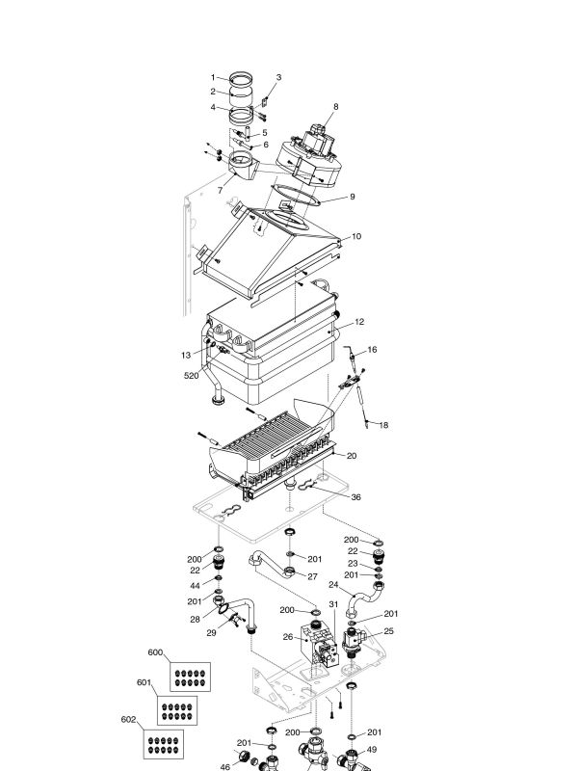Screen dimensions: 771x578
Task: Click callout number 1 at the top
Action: pyautogui.click(x=214, y=77)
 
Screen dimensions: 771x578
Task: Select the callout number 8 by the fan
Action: pyautogui.click(x=336, y=106)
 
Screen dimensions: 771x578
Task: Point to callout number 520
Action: pyautogui.click(x=193, y=377)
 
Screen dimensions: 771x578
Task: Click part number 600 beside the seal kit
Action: pyautogui.click(x=155, y=652)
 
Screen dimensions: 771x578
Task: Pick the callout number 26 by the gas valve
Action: pyautogui.click(x=287, y=637)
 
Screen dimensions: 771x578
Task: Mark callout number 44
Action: pyautogui.click(x=195, y=586)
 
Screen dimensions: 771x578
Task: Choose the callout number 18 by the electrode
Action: pyautogui.click(x=383, y=425)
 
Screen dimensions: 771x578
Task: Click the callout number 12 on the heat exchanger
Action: pyautogui.click(x=359, y=322)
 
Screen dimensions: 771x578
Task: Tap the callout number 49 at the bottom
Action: pyautogui.click(x=372, y=750)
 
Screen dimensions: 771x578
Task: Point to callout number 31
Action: pyautogui.click(x=333, y=604)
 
